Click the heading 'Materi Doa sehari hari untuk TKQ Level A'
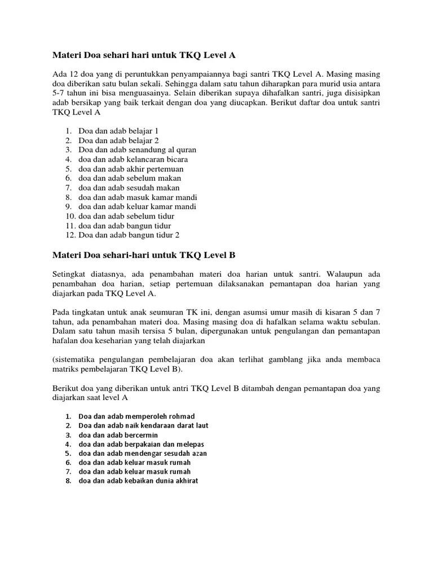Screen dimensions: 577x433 pos(144,55)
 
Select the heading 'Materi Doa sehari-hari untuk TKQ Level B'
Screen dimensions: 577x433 pos(144,255)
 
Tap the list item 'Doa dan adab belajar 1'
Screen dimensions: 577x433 pos(119,130)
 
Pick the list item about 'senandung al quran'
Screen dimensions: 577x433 pos(138,150)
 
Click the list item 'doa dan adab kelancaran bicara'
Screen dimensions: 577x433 pos(133,159)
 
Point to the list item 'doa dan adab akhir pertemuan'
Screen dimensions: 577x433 pos(131,169)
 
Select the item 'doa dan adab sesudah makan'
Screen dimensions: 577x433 pos(129,188)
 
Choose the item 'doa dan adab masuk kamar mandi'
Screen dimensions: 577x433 pos(138,197)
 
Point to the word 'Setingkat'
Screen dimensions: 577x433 pos(69,274)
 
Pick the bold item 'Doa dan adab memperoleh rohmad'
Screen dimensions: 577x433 pos(136,416)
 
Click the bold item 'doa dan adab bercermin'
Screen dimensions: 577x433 pos(118,435)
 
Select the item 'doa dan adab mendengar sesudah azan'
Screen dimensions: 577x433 pos(143,453)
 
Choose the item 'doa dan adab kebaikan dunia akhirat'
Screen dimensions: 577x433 pos(138,481)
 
